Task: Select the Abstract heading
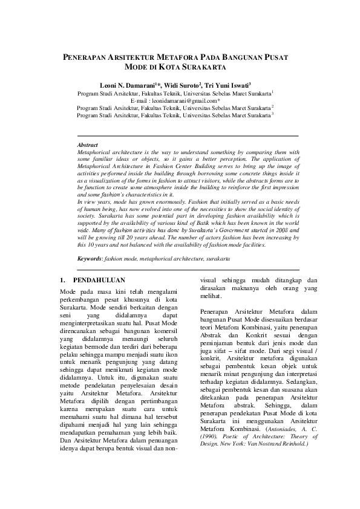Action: pyautogui.click(x=88, y=146)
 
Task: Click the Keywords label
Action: pyautogui.click(x=90, y=258)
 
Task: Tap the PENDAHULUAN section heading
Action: pyautogui.click(x=99, y=280)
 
